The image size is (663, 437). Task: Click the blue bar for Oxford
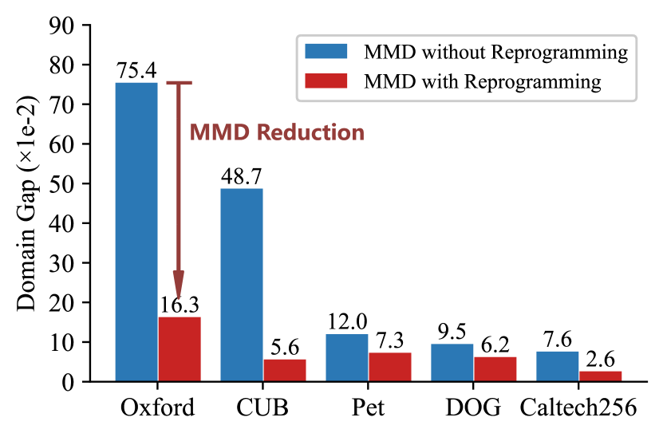click(x=136, y=231)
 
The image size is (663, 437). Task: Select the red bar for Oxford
click(x=180, y=348)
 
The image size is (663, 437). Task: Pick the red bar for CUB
click(x=285, y=370)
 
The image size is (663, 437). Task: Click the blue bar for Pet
click(x=347, y=357)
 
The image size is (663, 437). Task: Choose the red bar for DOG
click(x=495, y=368)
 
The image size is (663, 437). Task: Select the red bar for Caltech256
click(x=601, y=376)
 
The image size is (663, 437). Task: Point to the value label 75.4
click(x=136, y=70)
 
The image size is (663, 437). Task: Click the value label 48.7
click(x=242, y=176)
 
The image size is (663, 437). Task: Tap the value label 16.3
click(x=180, y=305)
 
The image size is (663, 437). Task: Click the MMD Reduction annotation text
click(x=277, y=133)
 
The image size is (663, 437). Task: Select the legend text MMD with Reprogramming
click(x=482, y=81)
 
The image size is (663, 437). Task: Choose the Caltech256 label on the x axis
click(x=578, y=409)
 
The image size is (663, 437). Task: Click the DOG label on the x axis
click(x=474, y=409)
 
